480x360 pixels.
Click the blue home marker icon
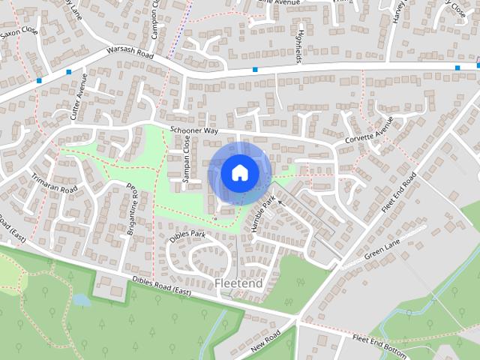(x=238, y=172)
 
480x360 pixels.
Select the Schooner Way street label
(x=193, y=130)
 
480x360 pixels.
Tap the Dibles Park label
(x=187, y=234)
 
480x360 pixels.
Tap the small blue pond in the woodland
(x=81, y=300)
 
